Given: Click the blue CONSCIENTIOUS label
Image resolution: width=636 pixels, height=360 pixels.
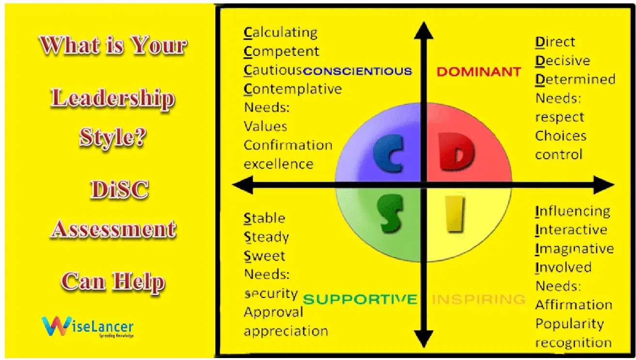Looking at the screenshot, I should (358, 71).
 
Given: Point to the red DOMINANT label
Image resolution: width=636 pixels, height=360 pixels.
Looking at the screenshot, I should (478, 72).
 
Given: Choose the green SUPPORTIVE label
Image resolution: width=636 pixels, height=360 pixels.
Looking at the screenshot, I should (359, 299).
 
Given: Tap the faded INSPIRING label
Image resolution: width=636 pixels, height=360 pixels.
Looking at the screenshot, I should (478, 299).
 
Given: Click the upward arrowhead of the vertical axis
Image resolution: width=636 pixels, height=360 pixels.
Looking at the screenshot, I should (424, 31).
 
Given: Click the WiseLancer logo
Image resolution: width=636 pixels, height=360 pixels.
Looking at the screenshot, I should (87, 327).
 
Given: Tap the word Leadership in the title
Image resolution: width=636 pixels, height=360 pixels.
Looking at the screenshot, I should (113, 98).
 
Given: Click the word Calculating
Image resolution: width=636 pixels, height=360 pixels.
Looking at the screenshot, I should (280, 33).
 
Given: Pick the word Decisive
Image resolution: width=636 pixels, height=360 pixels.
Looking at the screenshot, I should (562, 61).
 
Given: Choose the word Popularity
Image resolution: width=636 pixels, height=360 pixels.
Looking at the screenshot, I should (569, 324).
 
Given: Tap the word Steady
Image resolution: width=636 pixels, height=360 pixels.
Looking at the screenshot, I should (266, 237).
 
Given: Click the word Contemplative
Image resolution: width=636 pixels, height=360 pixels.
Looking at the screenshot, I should (293, 89).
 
